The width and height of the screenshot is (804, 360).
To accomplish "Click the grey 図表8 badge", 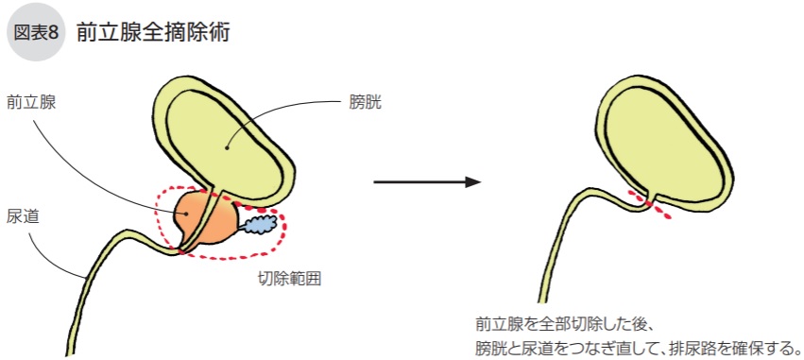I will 37,33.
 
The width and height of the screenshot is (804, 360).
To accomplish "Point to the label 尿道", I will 22,216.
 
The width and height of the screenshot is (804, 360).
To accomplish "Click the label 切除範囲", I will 290,280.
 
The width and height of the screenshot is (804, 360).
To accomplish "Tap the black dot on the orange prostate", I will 187,214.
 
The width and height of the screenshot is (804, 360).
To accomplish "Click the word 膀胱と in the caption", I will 499,346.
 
